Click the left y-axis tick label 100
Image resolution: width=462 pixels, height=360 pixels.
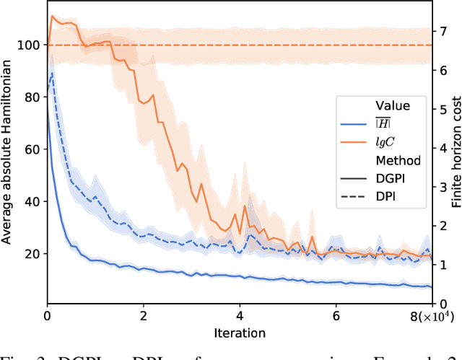pos(31,45)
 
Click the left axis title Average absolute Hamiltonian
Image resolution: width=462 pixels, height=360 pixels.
pos(9,152)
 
